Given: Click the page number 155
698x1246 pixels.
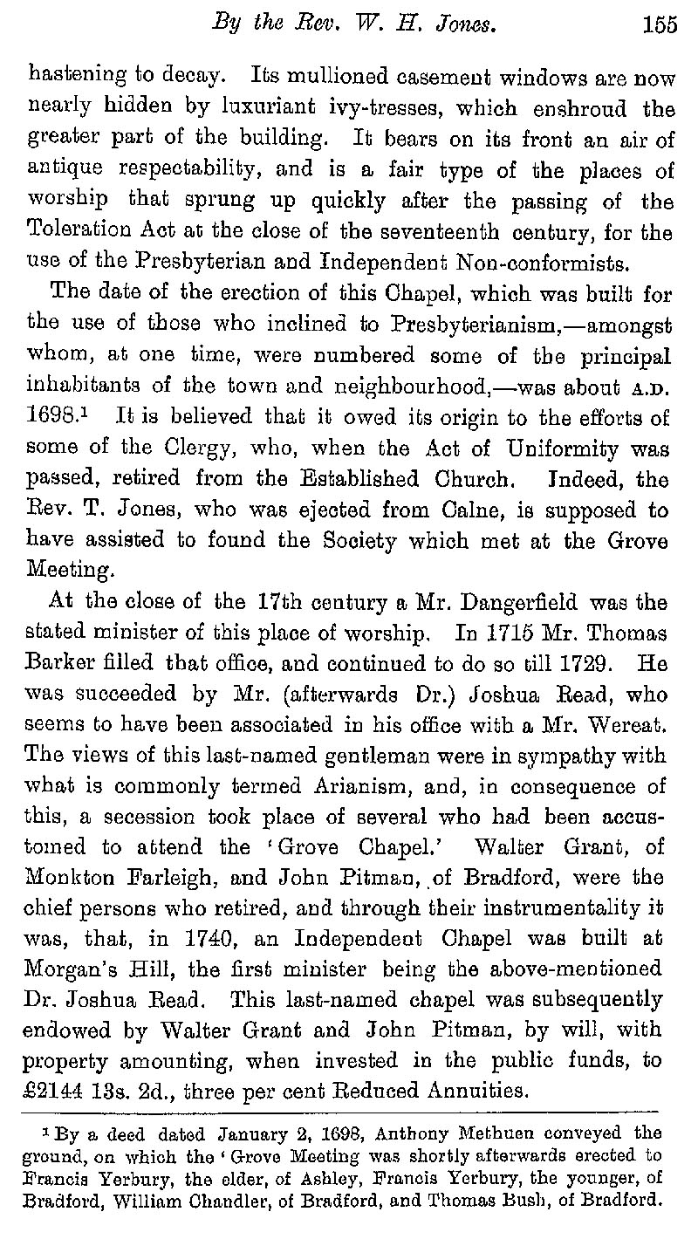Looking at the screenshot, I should pyautogui.click(x=660, y=25).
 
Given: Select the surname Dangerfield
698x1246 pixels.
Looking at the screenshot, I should pyautogui.click(x=480, y=603).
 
